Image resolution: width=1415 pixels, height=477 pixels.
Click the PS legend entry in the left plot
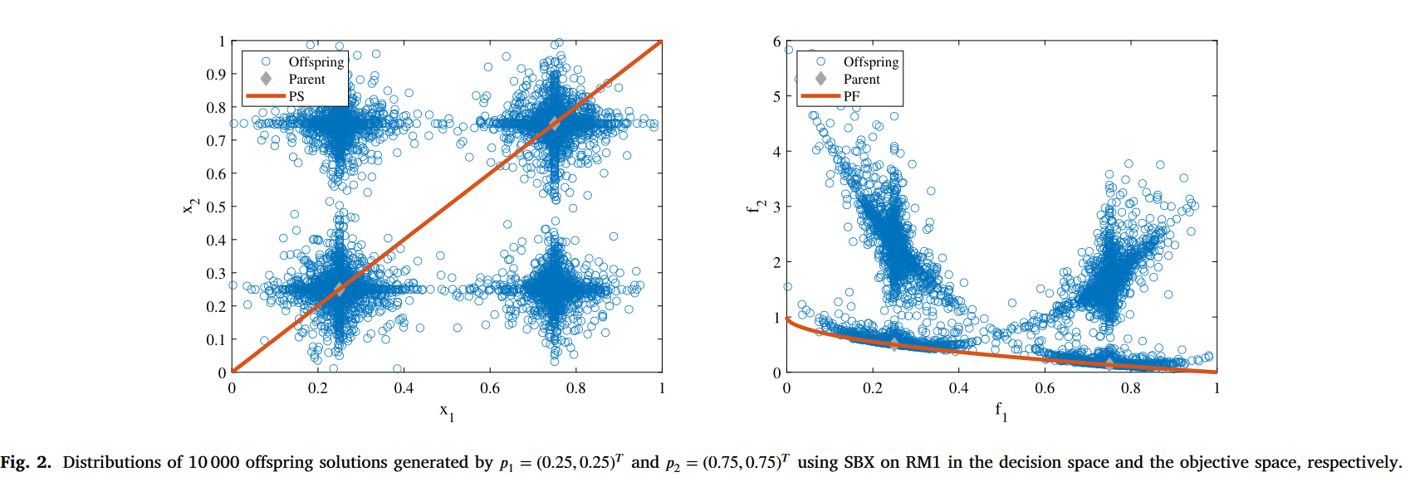(x=296, y=96)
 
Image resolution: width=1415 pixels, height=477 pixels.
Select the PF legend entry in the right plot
(x=851, y=96)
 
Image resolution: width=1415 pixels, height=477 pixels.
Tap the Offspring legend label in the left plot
(x=316, y=62)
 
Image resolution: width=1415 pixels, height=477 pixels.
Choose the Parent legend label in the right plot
(x=861, y=80)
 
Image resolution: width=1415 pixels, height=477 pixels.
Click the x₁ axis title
(x=447, y=411)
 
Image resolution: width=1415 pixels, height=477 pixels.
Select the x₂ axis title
(x=191, y=206)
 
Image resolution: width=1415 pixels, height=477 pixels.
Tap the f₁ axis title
(x=1001, y=411)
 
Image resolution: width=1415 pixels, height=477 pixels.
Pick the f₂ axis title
(x=754, y=206)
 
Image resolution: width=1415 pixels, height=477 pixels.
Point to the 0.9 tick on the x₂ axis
(x=216, y=75)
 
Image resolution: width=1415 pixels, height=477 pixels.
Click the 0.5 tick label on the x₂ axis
(x=216, y=207)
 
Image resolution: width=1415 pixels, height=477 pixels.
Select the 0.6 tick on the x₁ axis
(x=490, y=388)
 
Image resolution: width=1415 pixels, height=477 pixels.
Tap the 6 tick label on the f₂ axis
(x=777, y=41)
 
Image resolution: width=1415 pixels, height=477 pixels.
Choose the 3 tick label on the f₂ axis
(x=777, y=207)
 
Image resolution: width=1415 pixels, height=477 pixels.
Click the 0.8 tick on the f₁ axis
(x=1130, y=388)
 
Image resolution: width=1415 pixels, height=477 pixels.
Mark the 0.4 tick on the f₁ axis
(x=958, y=388)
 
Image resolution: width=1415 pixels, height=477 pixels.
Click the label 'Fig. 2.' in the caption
(x=26, y=462)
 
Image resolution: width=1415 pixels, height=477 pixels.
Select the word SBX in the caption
(x=859, y=462)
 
